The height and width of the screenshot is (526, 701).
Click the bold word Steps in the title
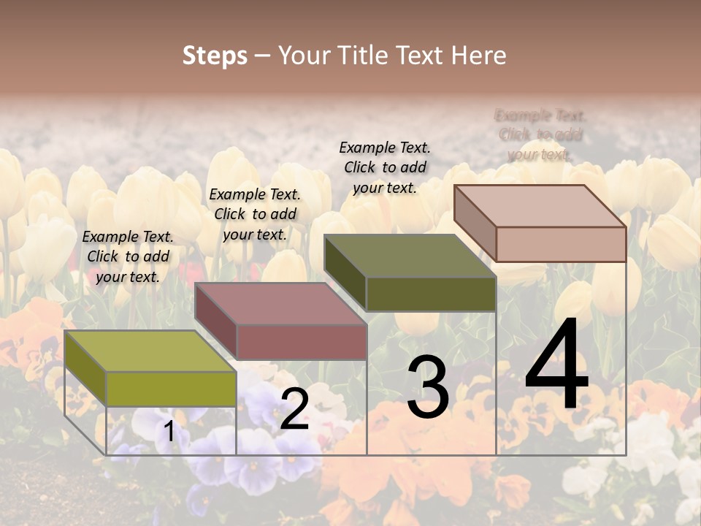(x=215, y=56)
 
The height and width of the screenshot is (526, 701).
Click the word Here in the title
(x=479, y=56)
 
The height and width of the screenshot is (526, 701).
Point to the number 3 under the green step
(x=428, y=387)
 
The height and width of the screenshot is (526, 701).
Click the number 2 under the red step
(x=294, y=409)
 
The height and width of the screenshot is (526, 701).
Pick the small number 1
(x=169, y=432)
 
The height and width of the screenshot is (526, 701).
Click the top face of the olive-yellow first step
(x=150, y=351)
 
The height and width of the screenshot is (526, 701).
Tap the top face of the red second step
(x=280, y=303)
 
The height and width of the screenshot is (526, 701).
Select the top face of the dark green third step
(x=410, y=256)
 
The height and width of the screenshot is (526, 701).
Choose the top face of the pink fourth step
(x=540, y=206)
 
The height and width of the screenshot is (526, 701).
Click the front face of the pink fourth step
(x=561, y=244)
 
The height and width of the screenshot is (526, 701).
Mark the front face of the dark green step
(x=431, y=294)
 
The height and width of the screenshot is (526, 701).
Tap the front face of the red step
(x=302, y=342)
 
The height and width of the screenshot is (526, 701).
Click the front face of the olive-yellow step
(x=171, y=389)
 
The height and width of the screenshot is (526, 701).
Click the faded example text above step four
(x=540, y=134)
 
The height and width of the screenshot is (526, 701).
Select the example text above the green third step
(x=385, y=167)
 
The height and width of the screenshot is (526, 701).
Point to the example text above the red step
(x=255, y=214)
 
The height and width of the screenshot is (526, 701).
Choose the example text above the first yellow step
(x=128, y=256)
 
